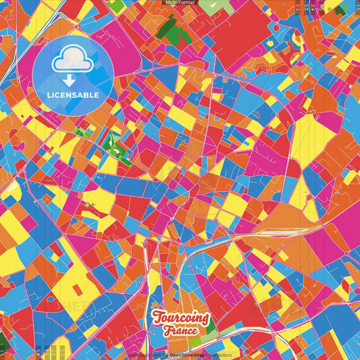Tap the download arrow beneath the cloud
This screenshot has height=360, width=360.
pos(72,80)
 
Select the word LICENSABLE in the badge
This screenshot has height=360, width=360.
pos(73,95)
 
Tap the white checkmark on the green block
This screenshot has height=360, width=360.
pos(213,5)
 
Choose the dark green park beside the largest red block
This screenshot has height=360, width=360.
pos(174,28)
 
